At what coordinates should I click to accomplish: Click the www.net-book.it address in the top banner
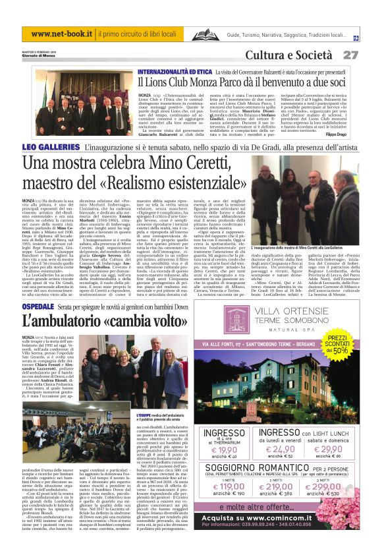point(61,34)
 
